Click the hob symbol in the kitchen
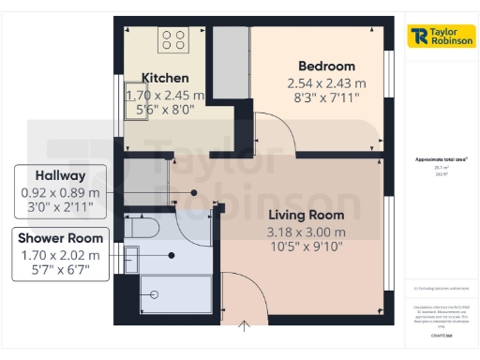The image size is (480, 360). coord(173,39)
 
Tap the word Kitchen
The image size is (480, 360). coord(165,78)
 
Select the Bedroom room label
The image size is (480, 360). coord(326,66)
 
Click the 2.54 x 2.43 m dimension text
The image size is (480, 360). coord(326,83)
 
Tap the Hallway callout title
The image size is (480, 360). coord(60,175)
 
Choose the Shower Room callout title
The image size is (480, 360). coord(60,238)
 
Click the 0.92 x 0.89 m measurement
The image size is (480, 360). coord(60,192)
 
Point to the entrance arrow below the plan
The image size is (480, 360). coord(246,327)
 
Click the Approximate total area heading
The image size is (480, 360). coord(434,159)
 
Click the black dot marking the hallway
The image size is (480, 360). coord(194,191)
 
